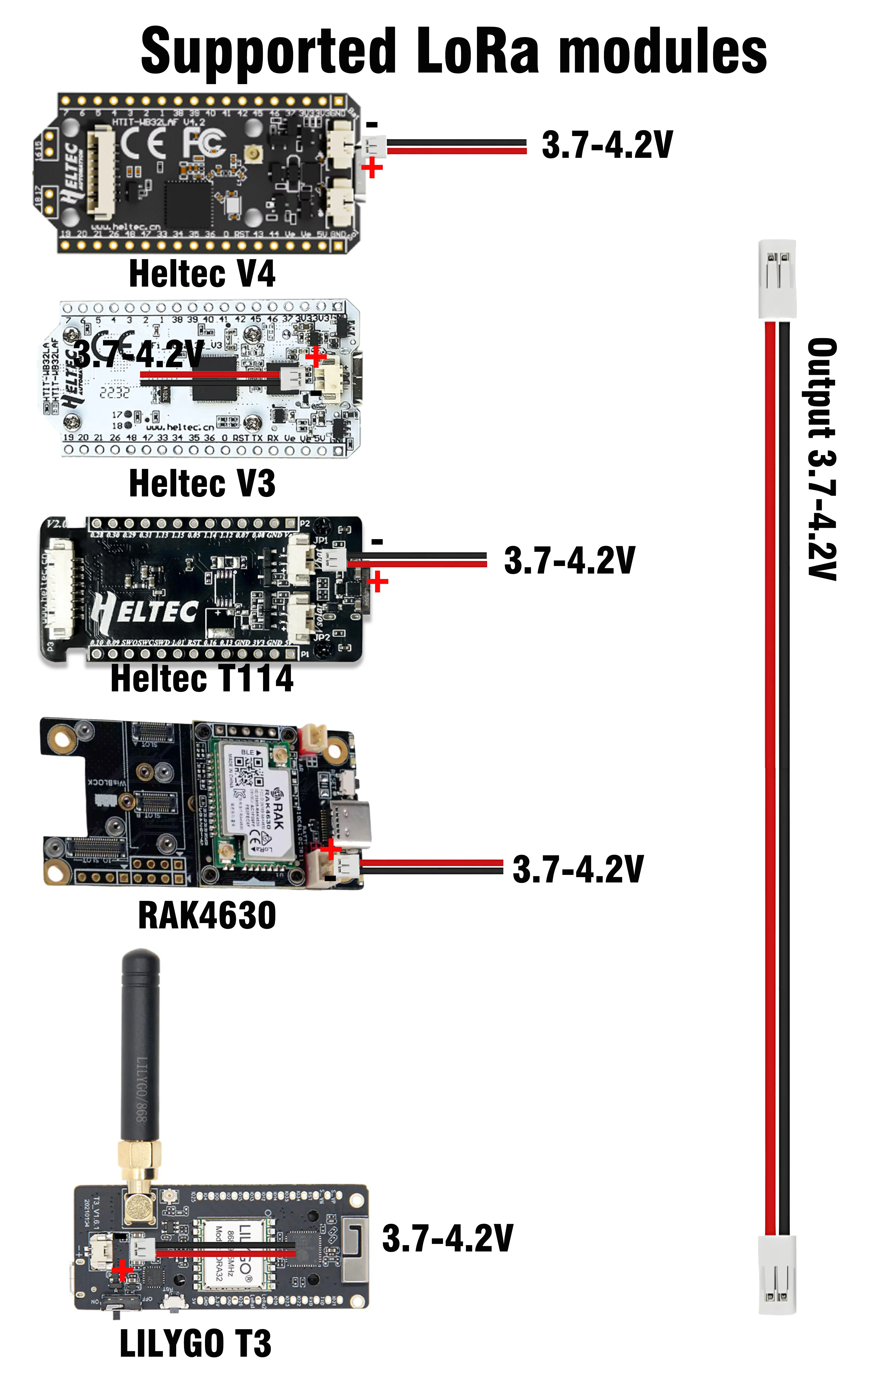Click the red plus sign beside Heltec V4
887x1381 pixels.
click(x=372, y=168)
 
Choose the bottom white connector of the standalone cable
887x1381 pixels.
click(x=777, y=1275)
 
